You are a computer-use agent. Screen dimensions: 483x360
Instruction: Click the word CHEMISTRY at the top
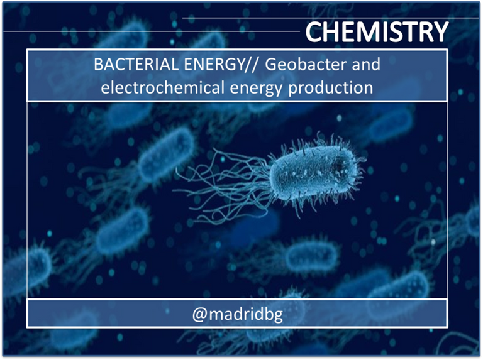[x=377, y=31]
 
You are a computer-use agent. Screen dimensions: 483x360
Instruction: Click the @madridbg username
[x=237, y=314]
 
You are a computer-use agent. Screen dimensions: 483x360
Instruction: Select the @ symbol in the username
[x=199, y=315]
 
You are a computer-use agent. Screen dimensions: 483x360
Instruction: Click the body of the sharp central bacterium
[x=314, y=173]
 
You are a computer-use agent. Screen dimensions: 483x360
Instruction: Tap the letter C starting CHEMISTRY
[x=314, y=31]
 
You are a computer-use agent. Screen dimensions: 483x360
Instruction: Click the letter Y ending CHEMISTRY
[x=439, y=31]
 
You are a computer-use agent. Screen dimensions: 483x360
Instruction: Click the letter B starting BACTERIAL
[x=98, y=65]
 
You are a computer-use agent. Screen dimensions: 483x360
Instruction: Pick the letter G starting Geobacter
[x=271, y=65]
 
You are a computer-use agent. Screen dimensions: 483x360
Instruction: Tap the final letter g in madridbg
[x=279, y=317]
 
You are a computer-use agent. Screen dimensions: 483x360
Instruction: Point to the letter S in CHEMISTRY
[x=392, y=31]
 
